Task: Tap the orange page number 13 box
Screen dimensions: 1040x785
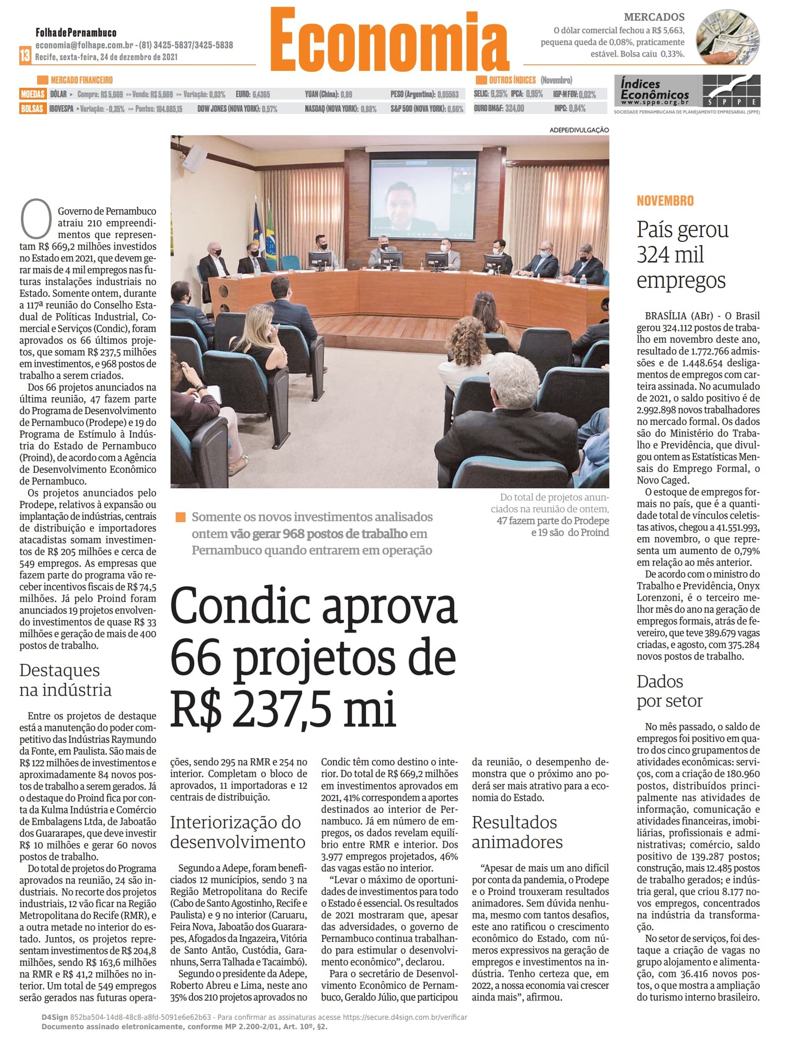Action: tap(25, 56)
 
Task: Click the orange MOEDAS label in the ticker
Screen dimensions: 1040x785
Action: tap(33, 94)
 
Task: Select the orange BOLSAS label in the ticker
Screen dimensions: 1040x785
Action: tap(32, 108)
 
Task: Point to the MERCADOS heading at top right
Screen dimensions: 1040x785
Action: tap(654, 17)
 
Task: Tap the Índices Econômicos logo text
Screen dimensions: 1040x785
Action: tap(655, 90)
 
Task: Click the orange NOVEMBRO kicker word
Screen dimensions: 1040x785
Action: tap(665, 201)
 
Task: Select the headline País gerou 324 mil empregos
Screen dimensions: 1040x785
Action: tap(682, 255)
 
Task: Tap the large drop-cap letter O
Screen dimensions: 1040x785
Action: tap(36, 220)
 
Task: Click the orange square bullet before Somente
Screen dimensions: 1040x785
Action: tap(180, 517)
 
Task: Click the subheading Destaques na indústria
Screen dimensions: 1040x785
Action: tap(65, 680)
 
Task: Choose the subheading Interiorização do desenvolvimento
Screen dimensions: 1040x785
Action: tap(237, 832)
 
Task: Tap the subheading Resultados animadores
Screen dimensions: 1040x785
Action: tap(517, 832)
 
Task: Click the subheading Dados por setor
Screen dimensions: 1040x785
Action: tap(669, 691)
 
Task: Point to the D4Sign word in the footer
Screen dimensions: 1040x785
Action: tap(55, 1017)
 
